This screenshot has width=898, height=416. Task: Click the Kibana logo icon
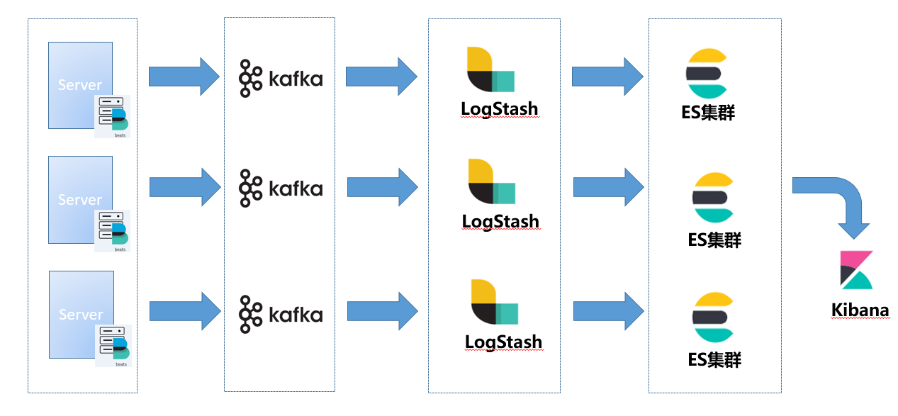click(856, 270)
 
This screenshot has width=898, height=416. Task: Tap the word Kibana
click(860, 310)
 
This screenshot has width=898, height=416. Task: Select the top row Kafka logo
click(281, 78)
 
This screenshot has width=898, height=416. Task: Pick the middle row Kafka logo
click(281, 188)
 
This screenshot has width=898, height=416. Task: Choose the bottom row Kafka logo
click(281, 314)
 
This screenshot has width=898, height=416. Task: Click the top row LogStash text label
click(499, 109)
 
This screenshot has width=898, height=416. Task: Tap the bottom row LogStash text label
click(503, 342)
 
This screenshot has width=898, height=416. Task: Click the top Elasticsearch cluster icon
click(707, 73)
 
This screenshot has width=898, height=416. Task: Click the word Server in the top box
click(80, 85)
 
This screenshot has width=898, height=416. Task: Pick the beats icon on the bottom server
click(113, 345)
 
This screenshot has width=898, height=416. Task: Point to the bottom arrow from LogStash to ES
click(608, 310)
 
